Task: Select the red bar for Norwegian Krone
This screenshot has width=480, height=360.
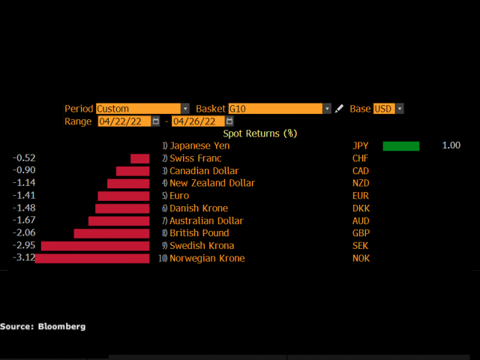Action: coord(92,259)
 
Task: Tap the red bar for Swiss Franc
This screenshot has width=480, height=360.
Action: coord(139,158)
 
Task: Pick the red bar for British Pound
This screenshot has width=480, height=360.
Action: coord(112,233)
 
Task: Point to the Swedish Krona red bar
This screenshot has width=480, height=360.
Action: coord(95,246)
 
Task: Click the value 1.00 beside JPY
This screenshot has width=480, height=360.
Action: coord(451,145)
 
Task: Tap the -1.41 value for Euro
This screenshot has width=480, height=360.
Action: coord(24,196)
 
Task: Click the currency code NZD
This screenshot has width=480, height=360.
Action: coord(361,183)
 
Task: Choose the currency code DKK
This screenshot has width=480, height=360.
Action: coord(361,208)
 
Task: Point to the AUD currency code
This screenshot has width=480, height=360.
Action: coord(361,221)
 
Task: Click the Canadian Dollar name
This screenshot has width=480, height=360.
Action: coord(201,171)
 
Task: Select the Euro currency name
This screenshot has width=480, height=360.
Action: coord(181,196)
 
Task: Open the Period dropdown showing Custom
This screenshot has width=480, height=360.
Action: coord(142,109)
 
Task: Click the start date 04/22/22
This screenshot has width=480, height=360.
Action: coord(123,121)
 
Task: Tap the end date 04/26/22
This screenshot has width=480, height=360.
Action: coord(197,121)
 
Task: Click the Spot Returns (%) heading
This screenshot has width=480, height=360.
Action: coord(259,133)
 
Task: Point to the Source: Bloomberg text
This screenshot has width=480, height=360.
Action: coord(43,326)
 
